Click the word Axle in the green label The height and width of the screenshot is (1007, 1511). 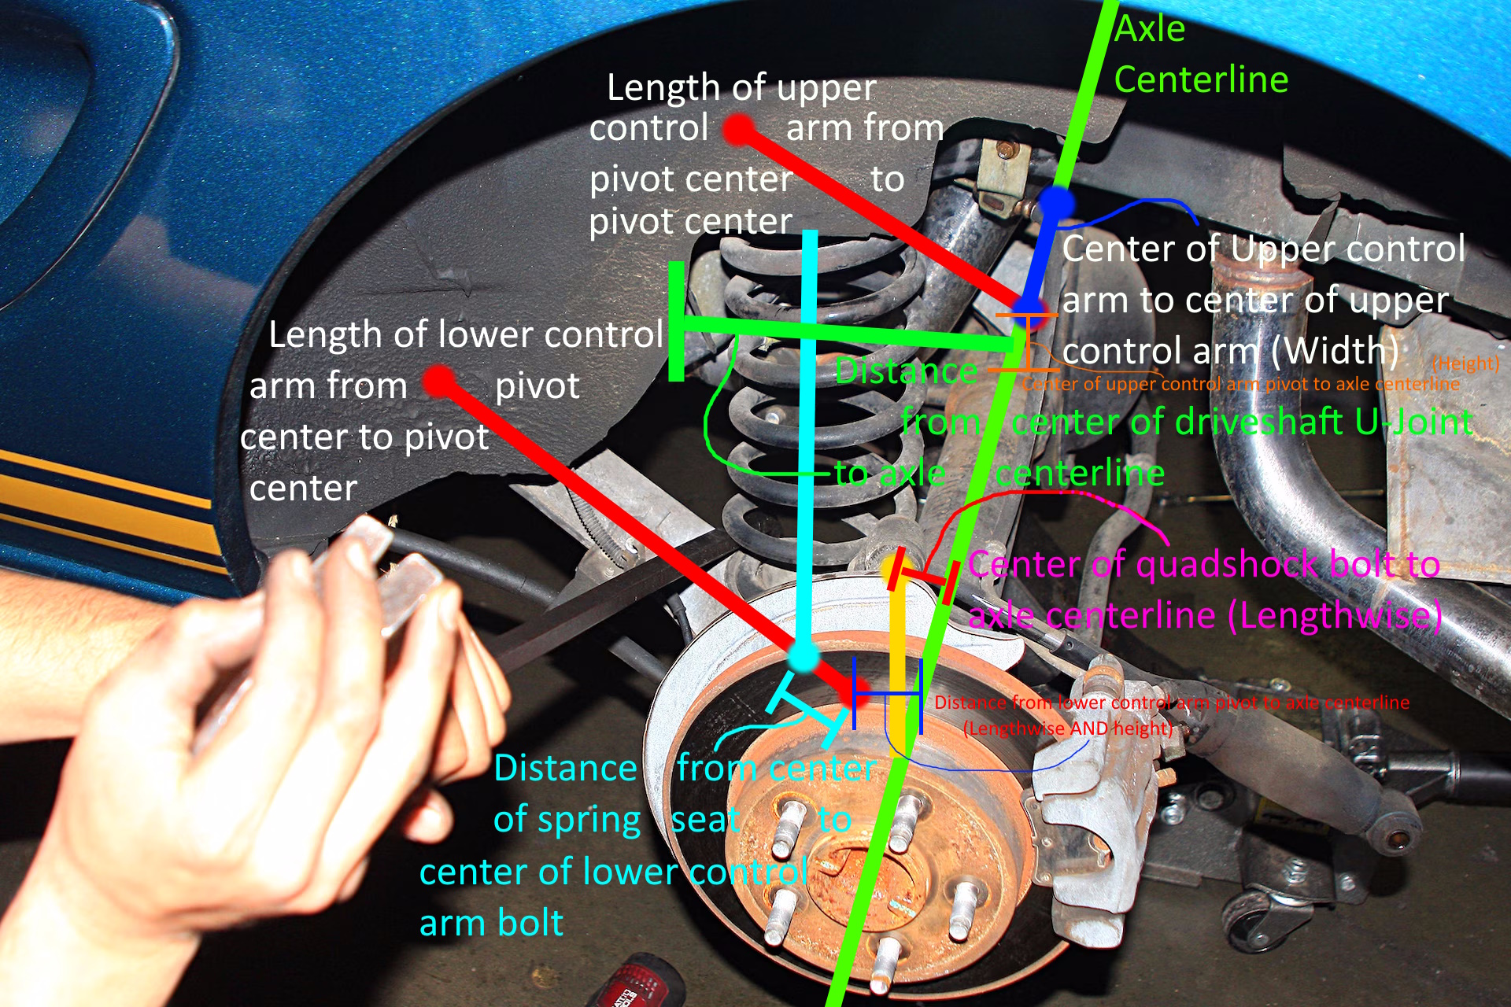click(1150, 30)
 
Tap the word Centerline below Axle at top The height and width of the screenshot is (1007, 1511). click(1201, 80)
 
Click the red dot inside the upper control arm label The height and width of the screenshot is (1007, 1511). click(739, 130)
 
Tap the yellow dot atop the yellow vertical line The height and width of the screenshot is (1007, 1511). click(892, 568)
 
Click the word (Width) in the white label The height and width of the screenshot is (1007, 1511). click(1335, 351)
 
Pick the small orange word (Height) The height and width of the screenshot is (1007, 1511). click(1465, 363)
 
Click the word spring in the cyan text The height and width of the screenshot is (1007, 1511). click(567, 821)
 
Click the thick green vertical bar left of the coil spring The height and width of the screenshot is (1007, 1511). click(675, 323)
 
